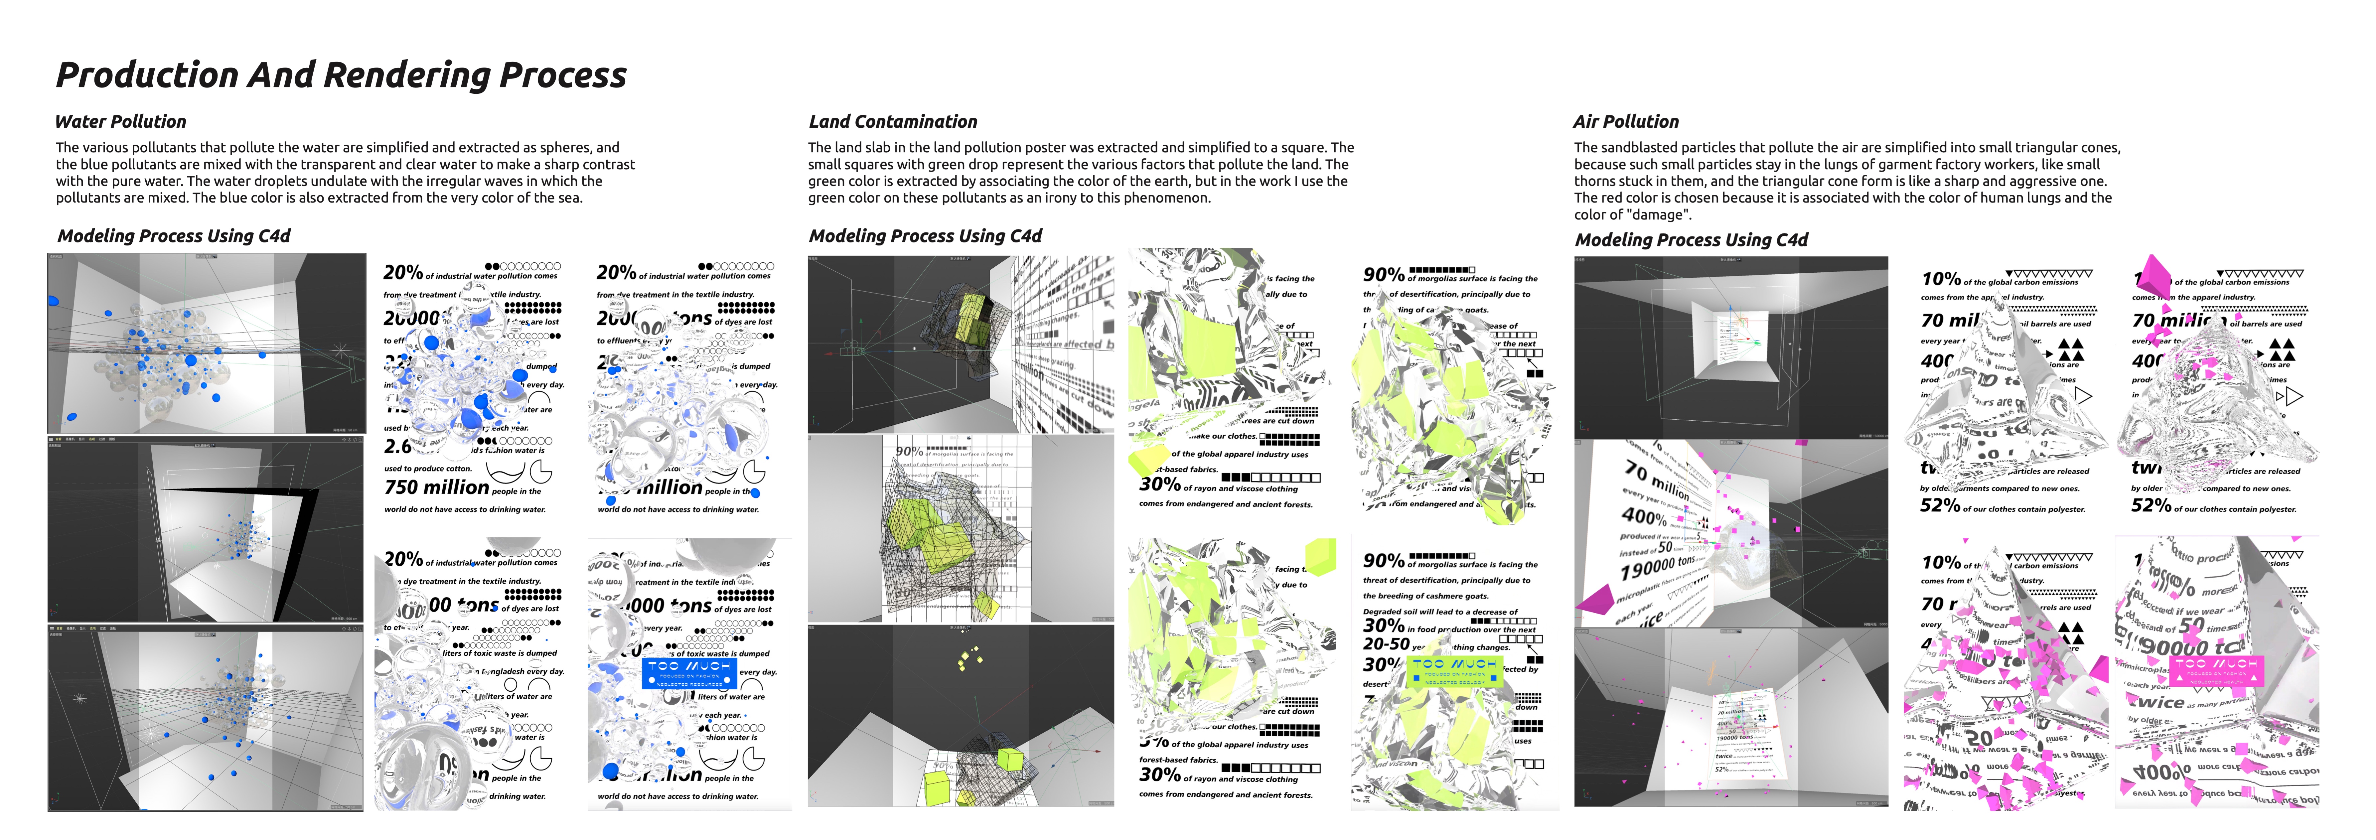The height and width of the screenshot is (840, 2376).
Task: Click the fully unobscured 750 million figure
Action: pos(436,487)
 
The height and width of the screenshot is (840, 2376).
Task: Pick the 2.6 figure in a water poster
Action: pos(397,446)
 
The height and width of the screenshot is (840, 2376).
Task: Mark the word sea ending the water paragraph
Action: pos(569,197)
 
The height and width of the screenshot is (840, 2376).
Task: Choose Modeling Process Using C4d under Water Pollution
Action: pos(173,236)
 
